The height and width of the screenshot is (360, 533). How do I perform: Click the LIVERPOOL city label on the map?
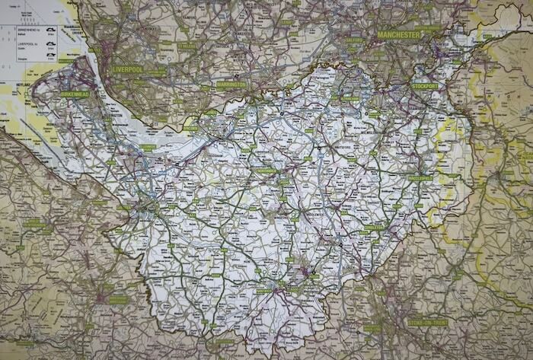tap(128, 68)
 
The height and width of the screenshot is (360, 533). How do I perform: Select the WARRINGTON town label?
tap(231, 84)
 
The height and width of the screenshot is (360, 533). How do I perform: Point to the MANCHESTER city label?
tap(397, 35)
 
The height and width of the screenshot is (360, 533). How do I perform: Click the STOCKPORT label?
tap(425, 86)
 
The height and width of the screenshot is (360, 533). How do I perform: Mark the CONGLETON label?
tap(372, 227)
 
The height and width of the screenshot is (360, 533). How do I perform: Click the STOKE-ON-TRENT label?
tap(428, 322)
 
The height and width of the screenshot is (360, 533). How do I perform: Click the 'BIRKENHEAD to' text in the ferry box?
tap(17, 29)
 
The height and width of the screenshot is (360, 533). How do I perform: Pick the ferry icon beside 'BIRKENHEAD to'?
tap(50, 30)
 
